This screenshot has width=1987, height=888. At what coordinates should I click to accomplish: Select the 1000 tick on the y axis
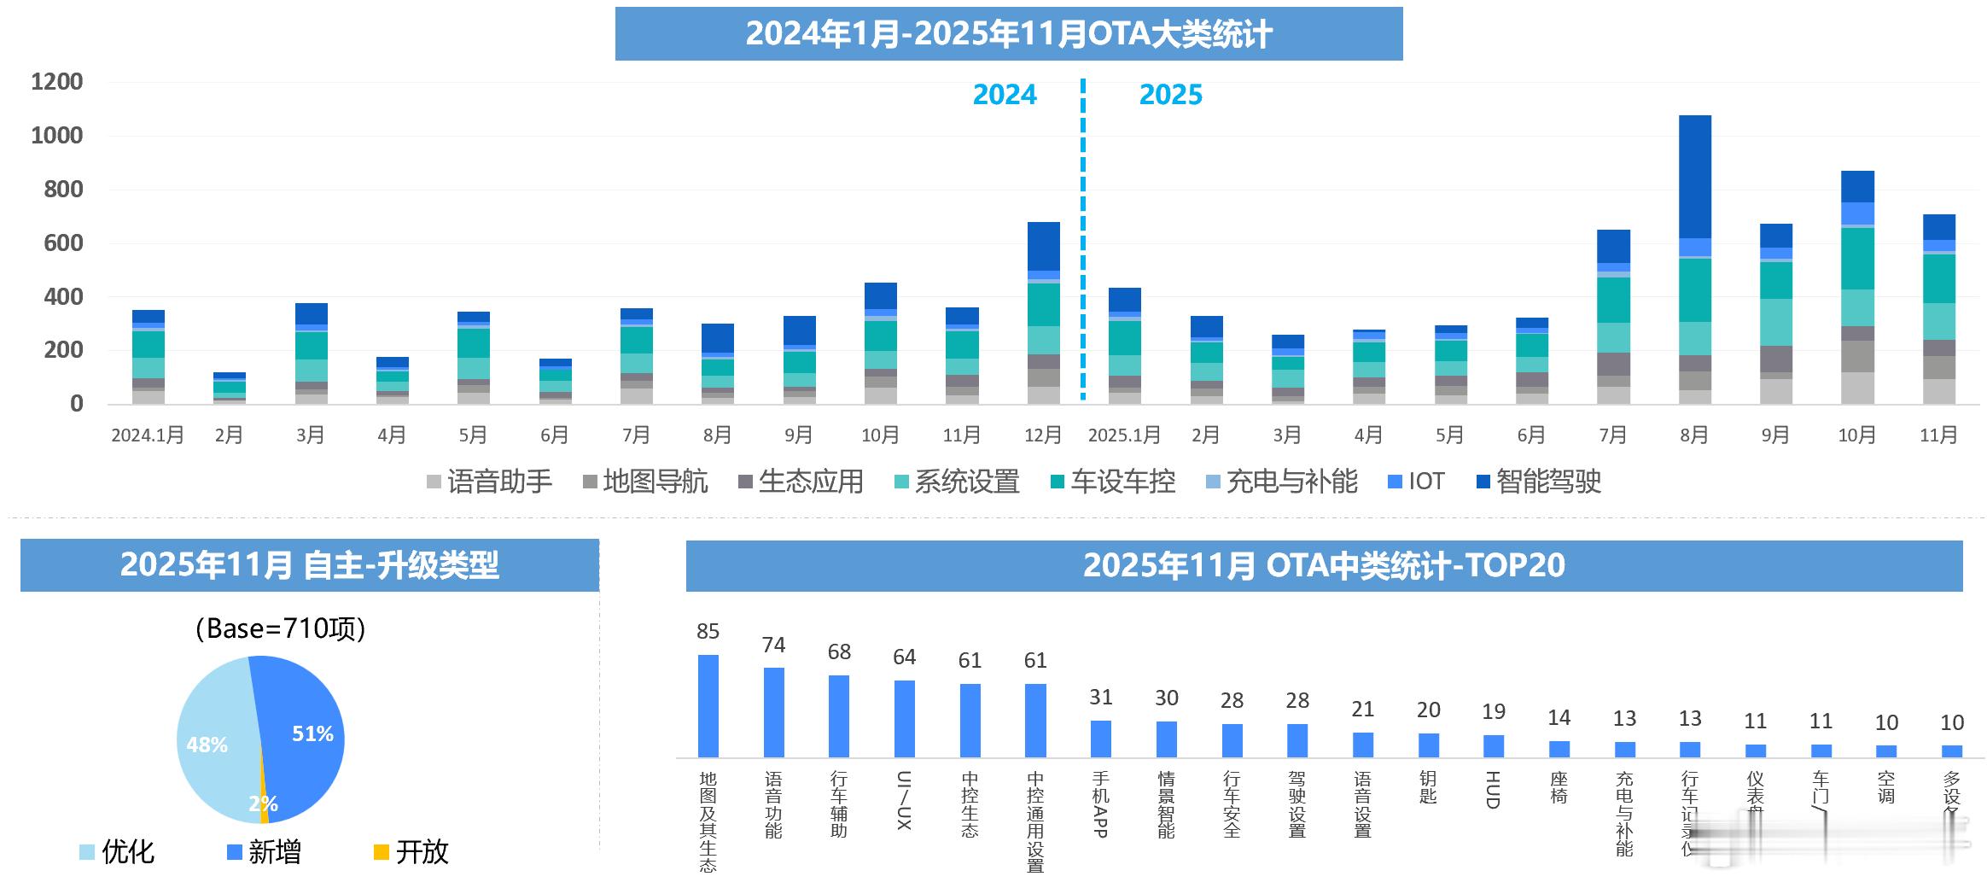[x=57, y=136]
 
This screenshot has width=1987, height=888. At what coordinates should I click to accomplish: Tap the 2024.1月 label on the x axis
[x=148, y=435]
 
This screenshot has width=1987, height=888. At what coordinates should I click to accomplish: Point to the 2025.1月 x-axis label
[x=1124, y=435]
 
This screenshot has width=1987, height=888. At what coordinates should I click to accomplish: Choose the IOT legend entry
[x=1416, y=482]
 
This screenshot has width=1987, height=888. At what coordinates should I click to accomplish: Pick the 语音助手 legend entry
[x=490, y=482]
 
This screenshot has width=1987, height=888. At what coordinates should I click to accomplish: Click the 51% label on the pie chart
[x=312, y=733]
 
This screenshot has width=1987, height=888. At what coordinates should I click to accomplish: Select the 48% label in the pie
[x=207, y=745]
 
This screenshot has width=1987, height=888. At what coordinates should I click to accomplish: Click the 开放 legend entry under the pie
[x=411, y=851]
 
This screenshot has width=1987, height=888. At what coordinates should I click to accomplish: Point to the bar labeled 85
[x=708, y=706]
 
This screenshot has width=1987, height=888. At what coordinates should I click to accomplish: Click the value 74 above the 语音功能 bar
[x=773, y=646]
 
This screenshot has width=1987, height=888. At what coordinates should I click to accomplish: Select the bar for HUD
[x=1493, y=746]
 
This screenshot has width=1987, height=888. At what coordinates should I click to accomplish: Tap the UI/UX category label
[x=904, y=799]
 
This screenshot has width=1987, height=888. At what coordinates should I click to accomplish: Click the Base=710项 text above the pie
[x=281, y=628]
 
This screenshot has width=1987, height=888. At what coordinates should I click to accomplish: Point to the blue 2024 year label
[x=1005, y=95]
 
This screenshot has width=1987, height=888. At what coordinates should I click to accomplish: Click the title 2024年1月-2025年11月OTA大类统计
[x=1008, y=34]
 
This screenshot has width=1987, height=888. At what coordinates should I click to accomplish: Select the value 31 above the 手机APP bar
[x=1101, y=698]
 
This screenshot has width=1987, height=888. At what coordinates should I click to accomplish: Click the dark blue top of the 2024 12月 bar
[x=1043, y=246]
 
